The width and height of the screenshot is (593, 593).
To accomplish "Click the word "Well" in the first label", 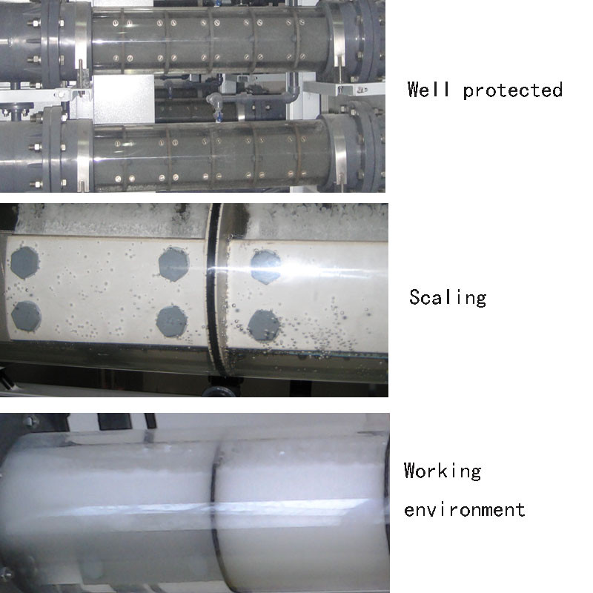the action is pos(428,90).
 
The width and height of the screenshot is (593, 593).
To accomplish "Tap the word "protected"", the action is pos(513,90).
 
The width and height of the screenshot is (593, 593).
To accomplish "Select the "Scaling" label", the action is pos(448,298).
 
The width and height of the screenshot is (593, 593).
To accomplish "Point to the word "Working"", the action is pos(443,471).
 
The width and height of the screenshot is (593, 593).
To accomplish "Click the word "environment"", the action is pos(465,510).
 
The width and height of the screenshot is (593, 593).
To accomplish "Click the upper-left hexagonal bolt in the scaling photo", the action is pos(24,262).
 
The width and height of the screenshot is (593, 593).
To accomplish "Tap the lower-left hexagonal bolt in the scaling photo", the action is pos(26,317).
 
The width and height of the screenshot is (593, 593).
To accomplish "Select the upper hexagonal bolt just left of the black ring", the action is pos(173,264).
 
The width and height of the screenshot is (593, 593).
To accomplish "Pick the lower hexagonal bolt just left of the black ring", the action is pos(172,322).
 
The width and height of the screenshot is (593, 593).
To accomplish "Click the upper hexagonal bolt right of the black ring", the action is pos(266,267).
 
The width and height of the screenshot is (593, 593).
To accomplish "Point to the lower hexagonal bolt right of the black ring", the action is pos(264,326).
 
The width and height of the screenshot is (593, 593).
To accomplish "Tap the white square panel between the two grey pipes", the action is pos(124,99).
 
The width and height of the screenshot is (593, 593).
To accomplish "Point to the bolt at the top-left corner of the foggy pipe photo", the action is pos(30,420).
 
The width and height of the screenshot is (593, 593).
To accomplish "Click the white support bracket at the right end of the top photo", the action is pos(344,88).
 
